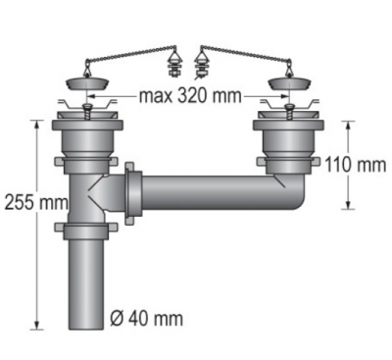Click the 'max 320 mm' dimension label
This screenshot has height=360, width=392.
tap(190, 96)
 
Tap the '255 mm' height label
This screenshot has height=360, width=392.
tap(36, 203)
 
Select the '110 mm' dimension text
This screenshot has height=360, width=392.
tap(356, 165)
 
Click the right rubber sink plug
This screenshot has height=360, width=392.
tap(288, 84)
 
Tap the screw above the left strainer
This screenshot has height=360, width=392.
tap(87, 112)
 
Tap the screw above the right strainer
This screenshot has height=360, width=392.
tap(289, 112)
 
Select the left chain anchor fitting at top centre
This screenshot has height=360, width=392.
tap(172, 64)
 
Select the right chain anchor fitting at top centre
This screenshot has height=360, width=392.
tap(200, 65)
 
